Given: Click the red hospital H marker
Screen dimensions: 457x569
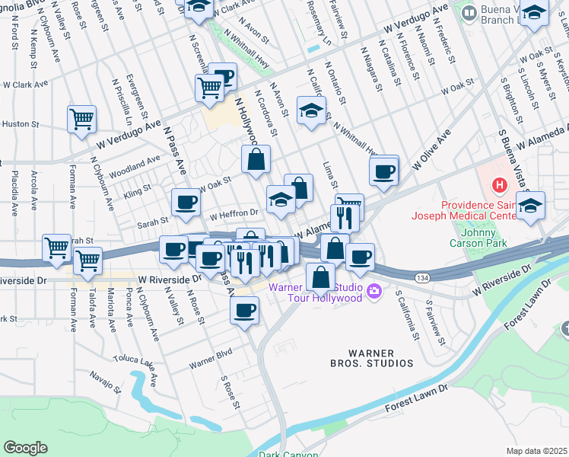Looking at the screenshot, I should click(499, 184).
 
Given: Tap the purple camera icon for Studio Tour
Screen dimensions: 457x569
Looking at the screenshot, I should click(374, 290).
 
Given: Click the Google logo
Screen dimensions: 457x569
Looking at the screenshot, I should click(25, 448).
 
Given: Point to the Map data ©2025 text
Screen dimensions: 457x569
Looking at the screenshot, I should click(536, 451).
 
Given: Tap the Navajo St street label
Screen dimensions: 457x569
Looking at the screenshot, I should click(100, 376).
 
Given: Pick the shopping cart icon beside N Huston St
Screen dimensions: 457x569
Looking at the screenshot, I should click(81, 119).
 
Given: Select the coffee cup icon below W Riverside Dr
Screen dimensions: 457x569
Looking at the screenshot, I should click(245, 311).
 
